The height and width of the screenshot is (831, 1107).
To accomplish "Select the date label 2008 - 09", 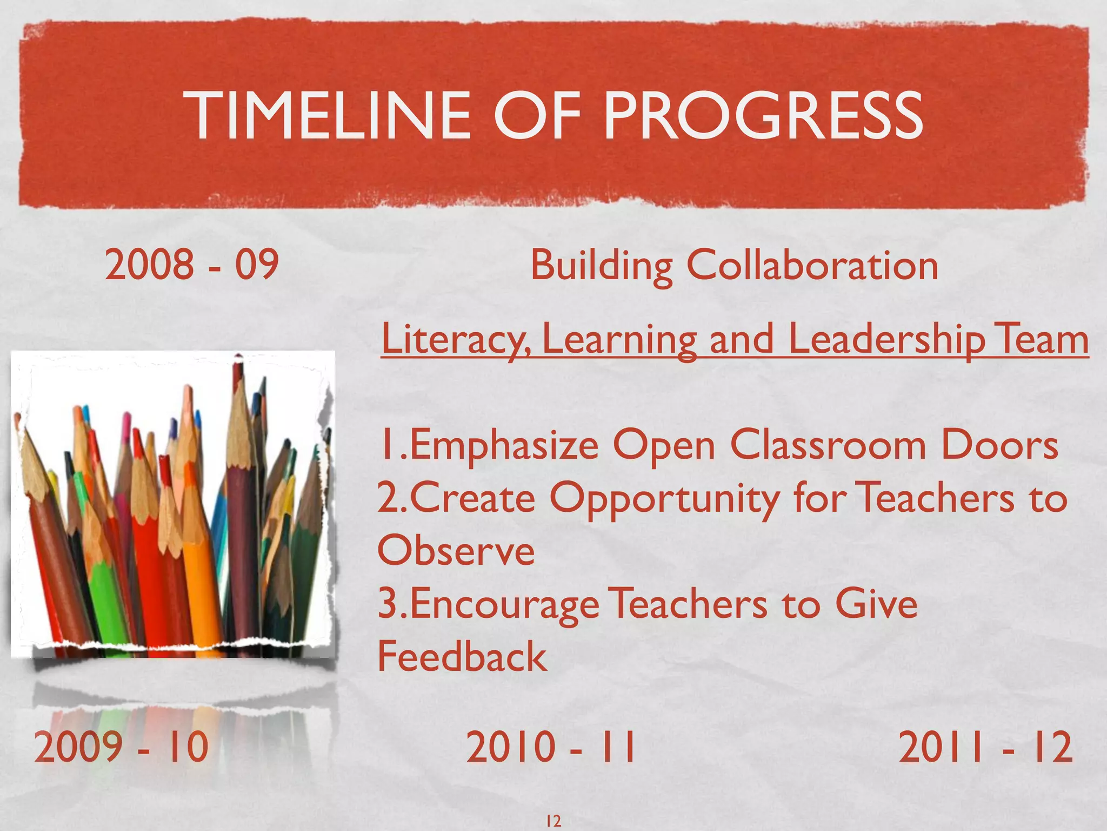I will click(191, 265).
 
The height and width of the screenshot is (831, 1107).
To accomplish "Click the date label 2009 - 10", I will click(121, 747).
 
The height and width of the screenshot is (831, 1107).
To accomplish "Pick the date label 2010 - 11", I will click(551, 747).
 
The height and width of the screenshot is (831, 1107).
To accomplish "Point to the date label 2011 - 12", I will click(985, 747).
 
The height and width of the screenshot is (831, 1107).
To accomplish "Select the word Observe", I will click(456, 551).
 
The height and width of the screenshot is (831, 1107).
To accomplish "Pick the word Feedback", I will click(462, 656).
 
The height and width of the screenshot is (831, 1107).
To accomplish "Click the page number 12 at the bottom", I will click(553, 821).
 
